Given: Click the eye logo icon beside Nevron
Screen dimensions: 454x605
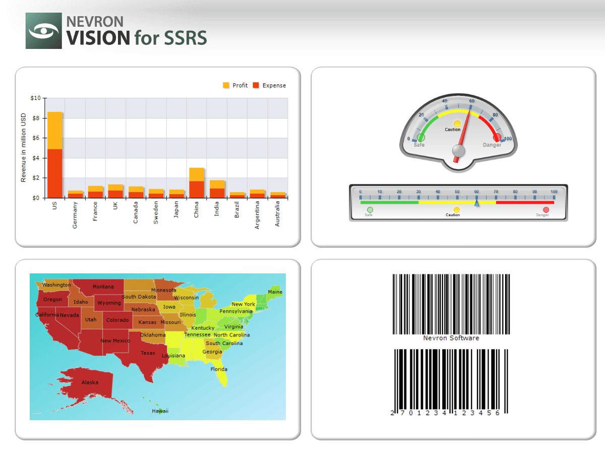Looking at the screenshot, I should [44, 31].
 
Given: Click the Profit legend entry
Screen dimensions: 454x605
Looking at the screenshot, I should [235, 86].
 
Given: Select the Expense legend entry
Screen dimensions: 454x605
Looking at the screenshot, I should [269, 86].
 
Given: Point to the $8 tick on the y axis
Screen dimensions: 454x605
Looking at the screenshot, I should [35, 118].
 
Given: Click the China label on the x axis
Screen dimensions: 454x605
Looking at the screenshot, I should [196, 210].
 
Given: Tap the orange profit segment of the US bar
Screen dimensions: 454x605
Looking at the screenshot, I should [55, 130].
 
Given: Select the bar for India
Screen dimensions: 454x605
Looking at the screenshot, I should [217, 189].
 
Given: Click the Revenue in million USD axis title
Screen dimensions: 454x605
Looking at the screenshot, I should [23, 147].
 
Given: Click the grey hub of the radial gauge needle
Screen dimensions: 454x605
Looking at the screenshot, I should [458, 150].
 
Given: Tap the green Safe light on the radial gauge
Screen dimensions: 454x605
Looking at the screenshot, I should [421, 137].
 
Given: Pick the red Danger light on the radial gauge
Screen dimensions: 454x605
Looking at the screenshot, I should [497, 137].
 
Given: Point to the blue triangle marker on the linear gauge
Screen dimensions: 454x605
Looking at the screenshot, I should [476, 203].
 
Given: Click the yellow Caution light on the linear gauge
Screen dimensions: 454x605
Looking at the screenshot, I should [457, 209].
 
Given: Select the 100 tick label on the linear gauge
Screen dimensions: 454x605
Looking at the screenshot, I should [554, 192].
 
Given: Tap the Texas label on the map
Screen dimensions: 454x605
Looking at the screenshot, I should [148, 353].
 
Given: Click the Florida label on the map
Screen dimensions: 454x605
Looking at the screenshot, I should [219, 369].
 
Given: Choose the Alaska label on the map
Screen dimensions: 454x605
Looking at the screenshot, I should [90, 382].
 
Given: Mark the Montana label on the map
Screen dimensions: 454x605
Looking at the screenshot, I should [103, 287].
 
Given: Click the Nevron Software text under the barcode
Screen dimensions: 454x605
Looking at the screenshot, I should [451, 338].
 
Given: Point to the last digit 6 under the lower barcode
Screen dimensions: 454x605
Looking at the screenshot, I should [498, 413].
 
